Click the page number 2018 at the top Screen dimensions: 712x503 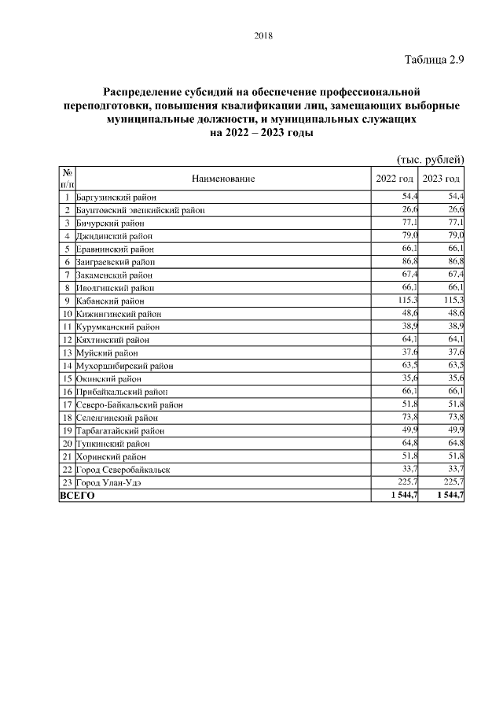[263, 35]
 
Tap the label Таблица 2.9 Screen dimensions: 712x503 [435, 60]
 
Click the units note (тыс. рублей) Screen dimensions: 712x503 [431, 159]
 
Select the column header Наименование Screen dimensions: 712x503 [223, 179]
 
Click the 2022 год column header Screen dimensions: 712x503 [395, 179]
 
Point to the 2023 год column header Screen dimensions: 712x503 [442, 179]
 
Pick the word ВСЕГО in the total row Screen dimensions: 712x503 [77, 496]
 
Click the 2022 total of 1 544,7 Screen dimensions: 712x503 [402, 496]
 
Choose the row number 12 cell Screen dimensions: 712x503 [67, 340]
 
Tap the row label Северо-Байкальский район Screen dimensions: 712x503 [130, 404]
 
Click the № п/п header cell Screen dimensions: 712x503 [67, 178]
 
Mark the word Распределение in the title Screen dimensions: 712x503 [144, 92]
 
